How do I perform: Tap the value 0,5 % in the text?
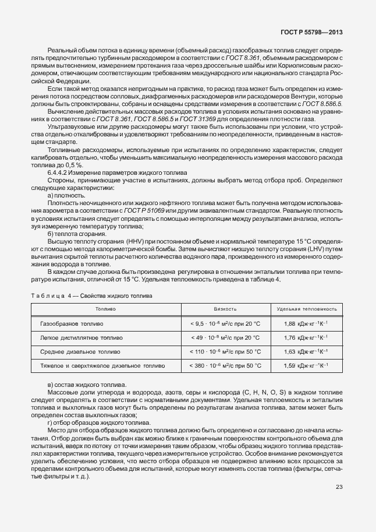(x=68, y=165)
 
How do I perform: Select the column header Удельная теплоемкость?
(x=307, y=309)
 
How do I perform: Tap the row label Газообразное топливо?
(x=72, y=323)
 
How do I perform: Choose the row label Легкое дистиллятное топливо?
(x=81, y=337)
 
